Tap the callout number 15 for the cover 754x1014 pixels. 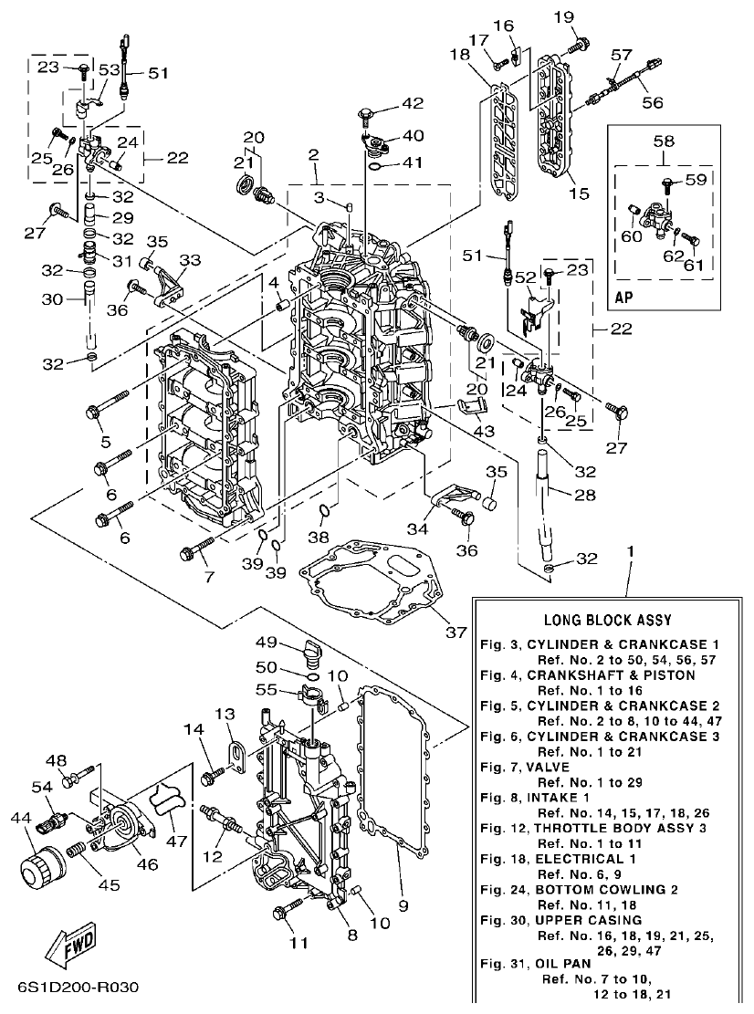579,193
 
